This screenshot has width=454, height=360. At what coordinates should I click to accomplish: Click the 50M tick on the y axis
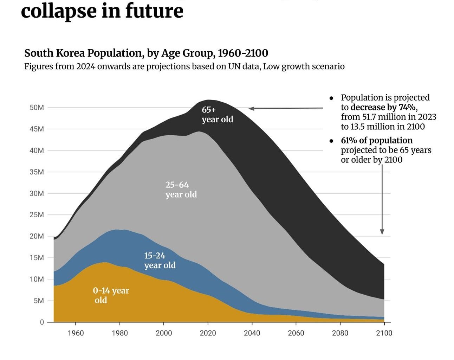click(37, 108)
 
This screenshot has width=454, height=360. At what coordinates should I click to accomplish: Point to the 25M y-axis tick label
click(37, 215)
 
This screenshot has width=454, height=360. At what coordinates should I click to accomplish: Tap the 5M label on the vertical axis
click(39, 301)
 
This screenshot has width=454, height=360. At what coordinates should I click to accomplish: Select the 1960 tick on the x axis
click(76, 333)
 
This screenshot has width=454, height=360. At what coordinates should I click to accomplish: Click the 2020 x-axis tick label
click(208, 333)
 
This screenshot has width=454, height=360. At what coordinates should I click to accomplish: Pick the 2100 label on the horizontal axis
click(384, 333)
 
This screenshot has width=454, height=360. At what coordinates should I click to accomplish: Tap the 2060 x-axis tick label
click(296, 333)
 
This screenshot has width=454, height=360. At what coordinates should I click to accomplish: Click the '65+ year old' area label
click(217, 115)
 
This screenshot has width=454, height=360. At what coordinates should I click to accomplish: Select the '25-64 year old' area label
click(181, 189)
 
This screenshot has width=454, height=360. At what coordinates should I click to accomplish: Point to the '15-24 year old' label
click(160, 261)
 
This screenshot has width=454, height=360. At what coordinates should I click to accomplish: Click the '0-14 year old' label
click(111, 295)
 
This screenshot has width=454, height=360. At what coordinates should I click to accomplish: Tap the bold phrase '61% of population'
click(377, 140)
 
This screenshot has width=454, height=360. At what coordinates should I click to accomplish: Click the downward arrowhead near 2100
click(382, 232)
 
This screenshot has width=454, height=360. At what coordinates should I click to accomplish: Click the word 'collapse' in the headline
click(58, 11)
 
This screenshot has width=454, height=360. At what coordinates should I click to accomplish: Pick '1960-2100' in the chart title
click(243, 53)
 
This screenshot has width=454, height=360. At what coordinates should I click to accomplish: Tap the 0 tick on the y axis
click(42, 322)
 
